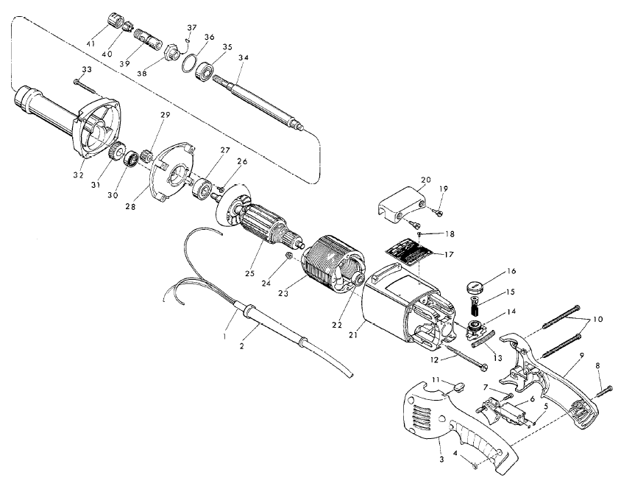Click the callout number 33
point(86,69)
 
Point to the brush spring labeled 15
point(475,304)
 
